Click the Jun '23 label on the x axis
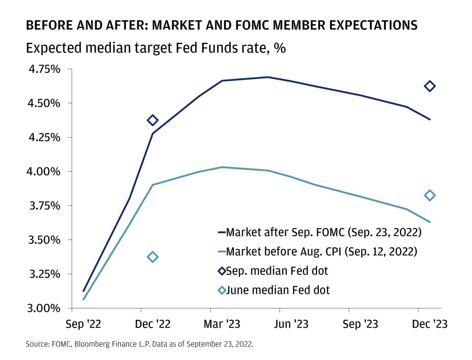tap(291, 324)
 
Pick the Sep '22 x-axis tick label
tap(84, 324)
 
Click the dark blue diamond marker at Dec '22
tap(153, 120)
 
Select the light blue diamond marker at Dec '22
tap(153, 257)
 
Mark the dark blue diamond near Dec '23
tap(430, 86)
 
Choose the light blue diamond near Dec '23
tap(430, 195)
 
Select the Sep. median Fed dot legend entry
tap(278, 271)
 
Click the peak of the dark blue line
tap(268, 77)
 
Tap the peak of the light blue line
tap(222, 167)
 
